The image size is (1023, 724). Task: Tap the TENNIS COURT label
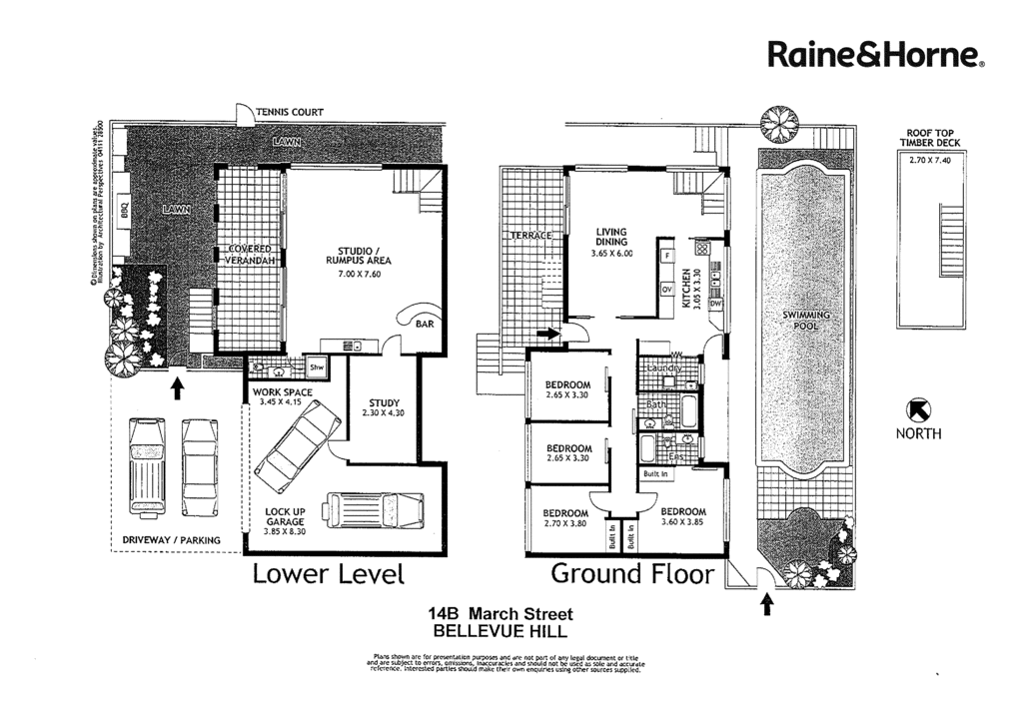[x=290, y=112]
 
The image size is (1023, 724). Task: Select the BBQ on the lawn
[x=125, y=212]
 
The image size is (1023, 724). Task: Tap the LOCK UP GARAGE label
[x=285, y=521]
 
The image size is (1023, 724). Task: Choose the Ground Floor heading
[x=632, y=574]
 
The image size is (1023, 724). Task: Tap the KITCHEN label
[x=685, y=290]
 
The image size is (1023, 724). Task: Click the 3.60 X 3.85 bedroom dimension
[x=684, y=521]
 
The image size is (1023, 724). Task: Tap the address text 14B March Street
[x=500, y=613]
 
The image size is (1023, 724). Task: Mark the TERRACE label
[x=531, y=236]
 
